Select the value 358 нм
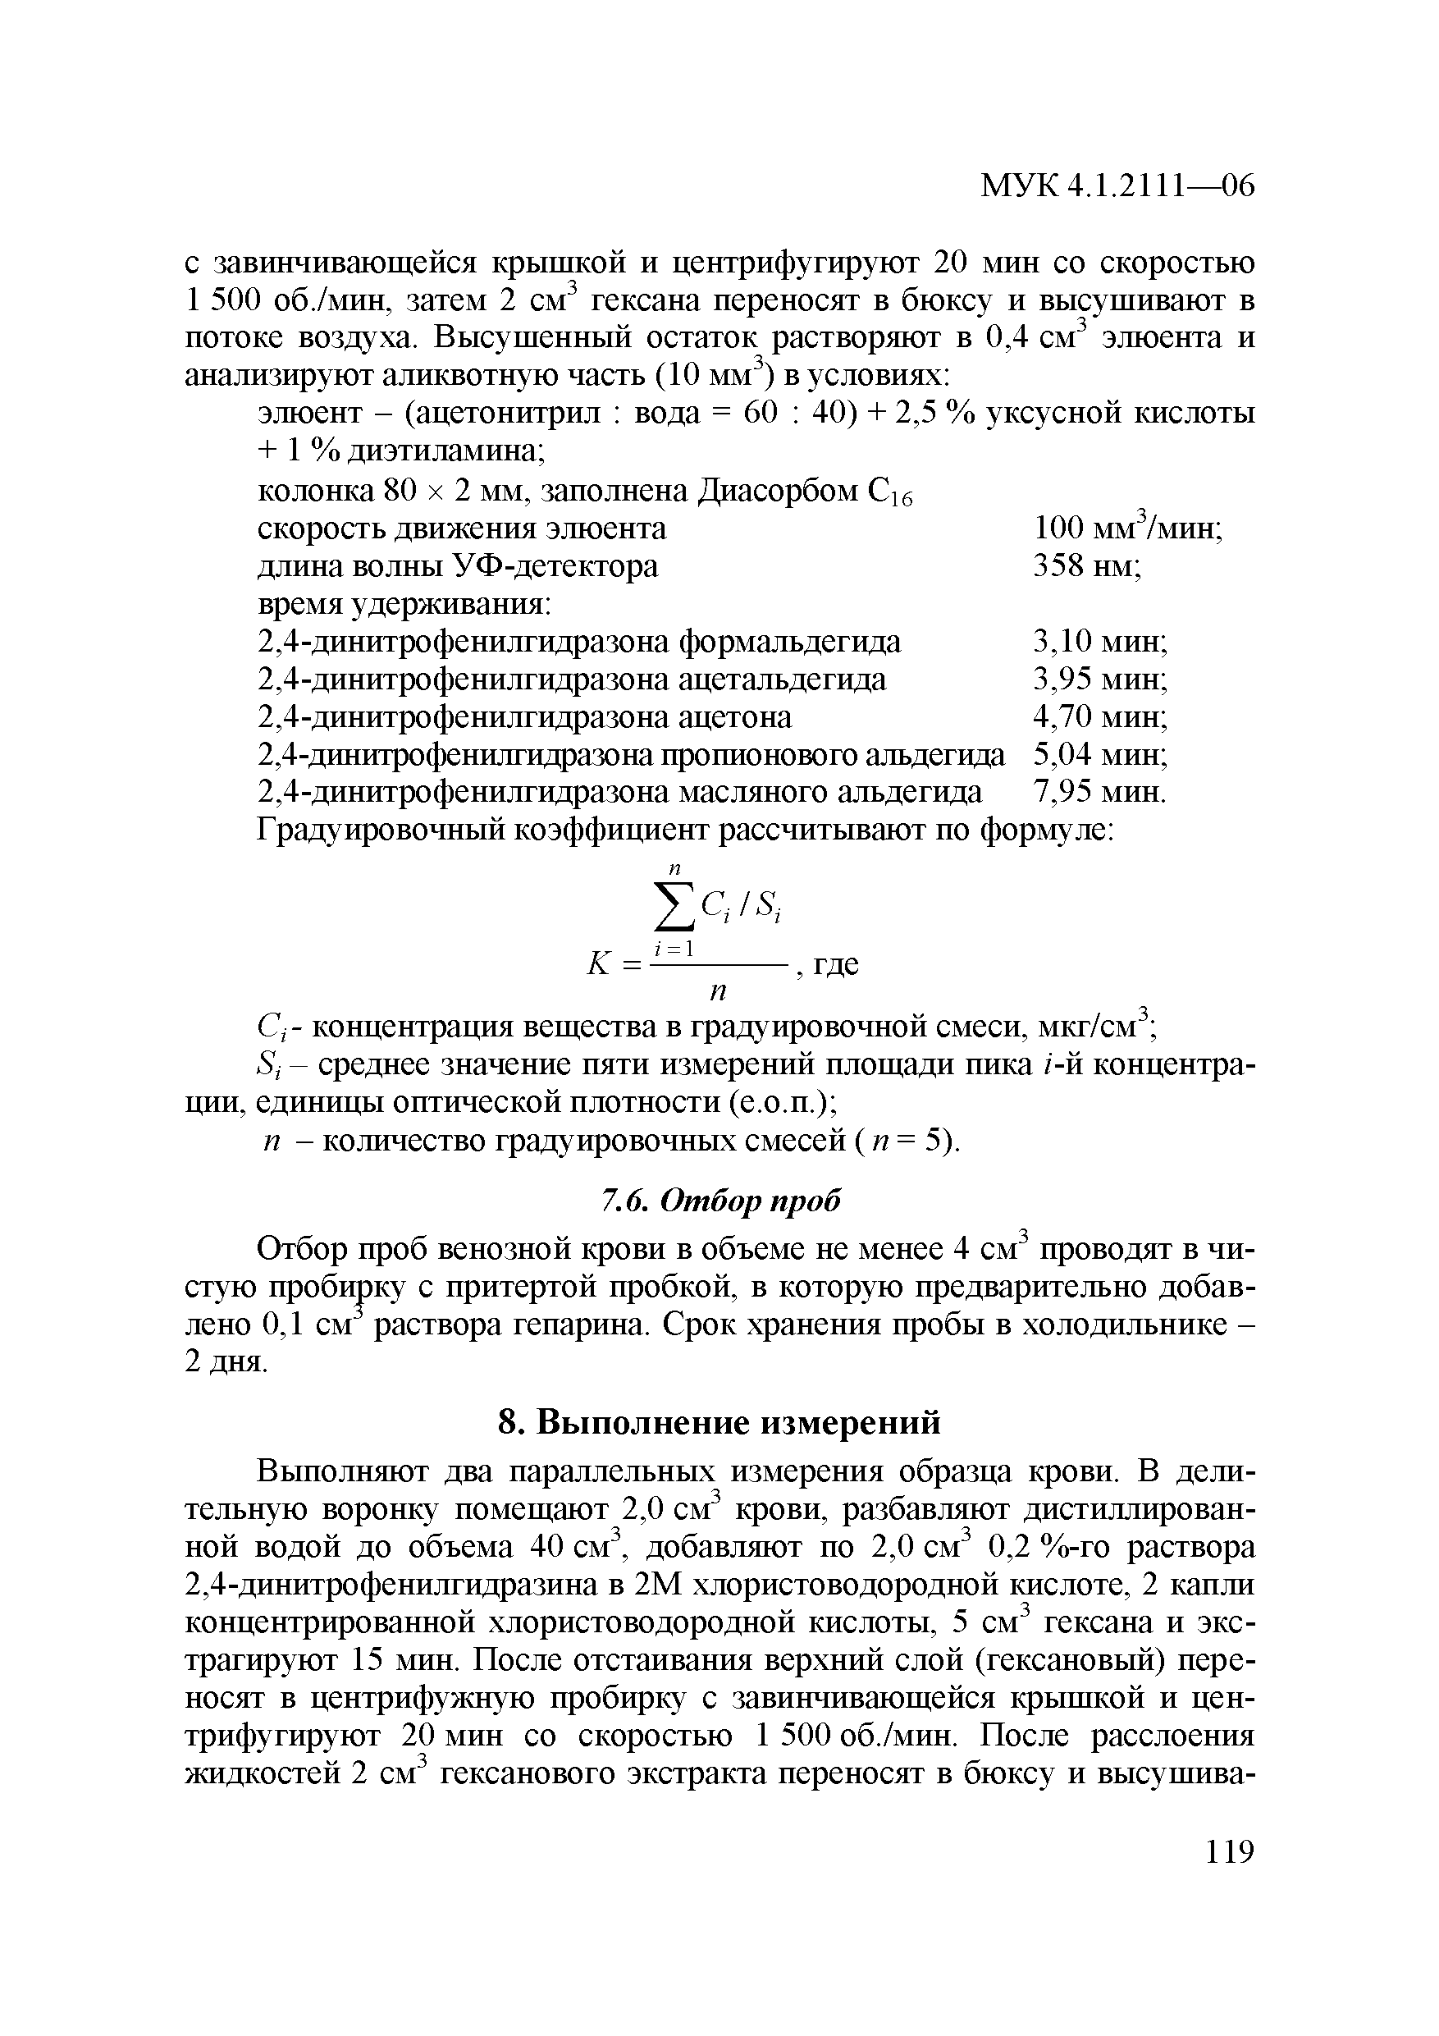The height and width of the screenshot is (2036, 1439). click(x=1087, y=565)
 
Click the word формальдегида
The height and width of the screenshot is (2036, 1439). click(x=790, y=641)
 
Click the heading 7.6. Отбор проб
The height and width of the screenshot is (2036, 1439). click(x=719, y=1201)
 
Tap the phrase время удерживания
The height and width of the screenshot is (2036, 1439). click(x=404, y=604)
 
